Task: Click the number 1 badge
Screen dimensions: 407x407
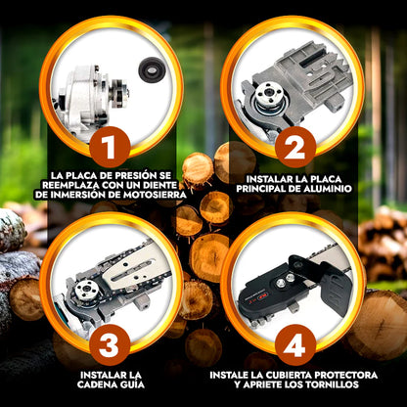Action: pyautogui.click(x=110, y=147)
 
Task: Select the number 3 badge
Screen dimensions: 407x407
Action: pyautogui.click(x=110, y=345)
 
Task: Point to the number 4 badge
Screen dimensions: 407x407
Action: pyautogui.click(x=295, y=345)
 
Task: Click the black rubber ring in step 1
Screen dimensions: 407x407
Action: pyautogui.click(x=151, y=68)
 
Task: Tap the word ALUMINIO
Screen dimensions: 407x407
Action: pyautogui.click(x=328, y=189)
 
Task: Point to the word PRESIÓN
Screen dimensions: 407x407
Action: pyautogui.click(x=129, y=175)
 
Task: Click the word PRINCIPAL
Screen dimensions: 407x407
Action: pyautogui.click(x=263, y=189)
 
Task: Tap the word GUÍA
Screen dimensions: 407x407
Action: pyautogui.click(x=133, y=384)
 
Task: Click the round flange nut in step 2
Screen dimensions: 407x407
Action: pyautogui.click(x=269, y=92)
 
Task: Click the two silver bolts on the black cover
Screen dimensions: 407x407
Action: pyautogui.click(x=285, y=281)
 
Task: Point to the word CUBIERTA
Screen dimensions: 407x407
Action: pyautogui.click(x=280, y=375)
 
